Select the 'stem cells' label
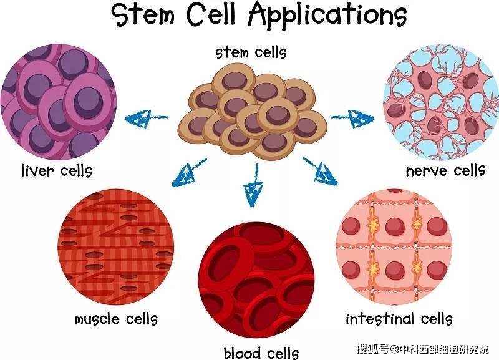251,52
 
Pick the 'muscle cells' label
116,320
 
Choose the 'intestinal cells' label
399,320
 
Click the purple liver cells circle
57,102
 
